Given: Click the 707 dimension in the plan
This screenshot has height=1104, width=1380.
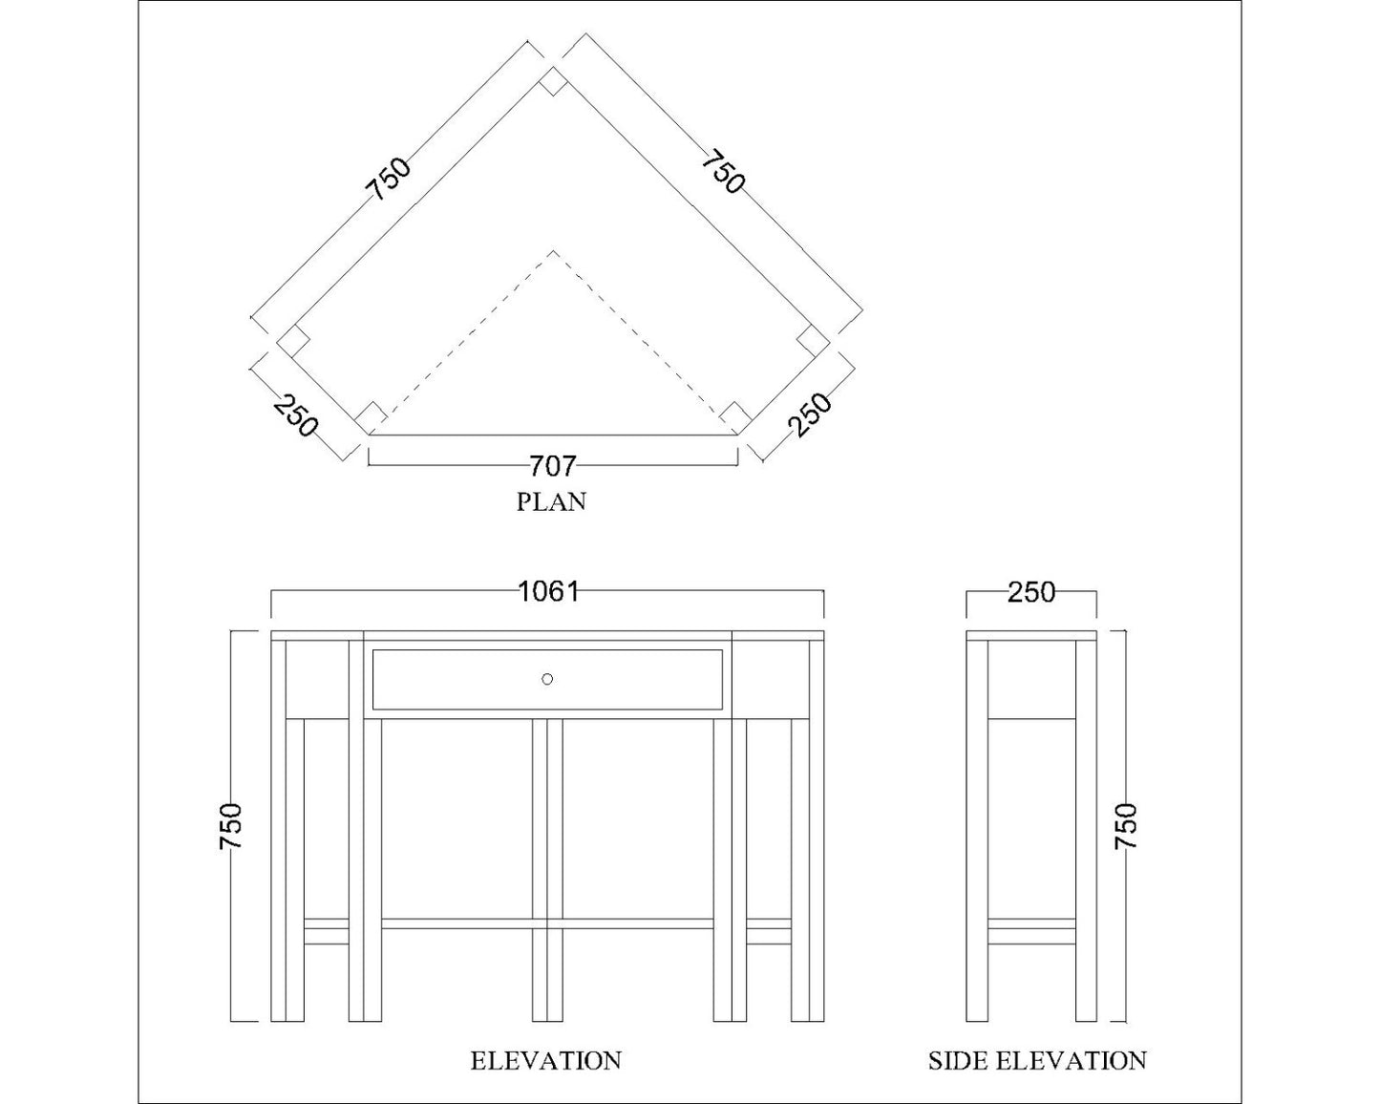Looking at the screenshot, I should (x=552, y=465).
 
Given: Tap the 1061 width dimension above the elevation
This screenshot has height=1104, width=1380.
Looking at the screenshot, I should (x=548, y=591).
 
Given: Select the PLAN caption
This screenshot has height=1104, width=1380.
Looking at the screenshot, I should (x=551, y=501).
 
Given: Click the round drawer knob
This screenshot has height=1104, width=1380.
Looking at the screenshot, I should (x=547, y=679).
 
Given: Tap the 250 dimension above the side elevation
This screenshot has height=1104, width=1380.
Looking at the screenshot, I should (x=1031, y=592).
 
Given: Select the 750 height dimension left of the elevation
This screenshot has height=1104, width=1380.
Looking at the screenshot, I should (x=232, y=825).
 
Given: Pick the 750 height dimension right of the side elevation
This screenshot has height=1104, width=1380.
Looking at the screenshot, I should (x=1127, y=825).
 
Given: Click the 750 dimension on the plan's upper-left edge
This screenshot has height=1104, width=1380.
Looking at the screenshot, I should (x=392, y=179).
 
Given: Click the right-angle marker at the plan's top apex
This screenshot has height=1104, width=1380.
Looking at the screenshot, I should (x=552, y=83).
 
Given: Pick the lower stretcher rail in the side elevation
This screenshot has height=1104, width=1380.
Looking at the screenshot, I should (x=1031, y=931).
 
